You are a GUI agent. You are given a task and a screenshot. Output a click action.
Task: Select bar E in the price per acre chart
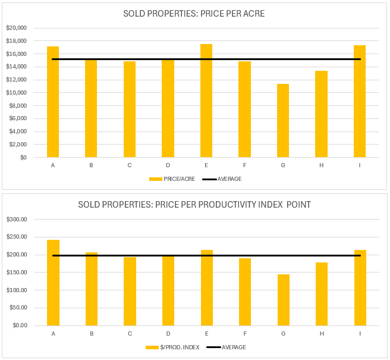pyautogui.click(x=206, y=101)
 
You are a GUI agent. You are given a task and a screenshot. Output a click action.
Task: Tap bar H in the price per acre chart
pyautogui.click(x=321, y=114)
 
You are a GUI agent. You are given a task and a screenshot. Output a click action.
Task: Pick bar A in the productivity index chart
pyautogui.click(x=53, y=283)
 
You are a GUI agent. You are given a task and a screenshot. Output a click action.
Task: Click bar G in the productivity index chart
pyautogui.click(x=283, y=300)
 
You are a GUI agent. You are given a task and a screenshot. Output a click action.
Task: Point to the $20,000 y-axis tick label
pyautogui.click(x=16, y=28)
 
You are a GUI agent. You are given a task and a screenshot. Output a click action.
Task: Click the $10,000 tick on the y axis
pyautogui.click(x=16, y=93)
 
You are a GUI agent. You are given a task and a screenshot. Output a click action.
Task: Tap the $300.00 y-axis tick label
pyautogui.click(x=17, y=220)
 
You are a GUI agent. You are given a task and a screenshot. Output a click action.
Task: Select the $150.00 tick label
pyautogui.click(x=17, y=273)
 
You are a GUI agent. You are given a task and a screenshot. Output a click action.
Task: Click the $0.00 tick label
pyautogui.click(x=18, y=325)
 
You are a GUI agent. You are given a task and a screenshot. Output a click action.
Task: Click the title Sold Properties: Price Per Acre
pyautogui.click(x=194, y=13)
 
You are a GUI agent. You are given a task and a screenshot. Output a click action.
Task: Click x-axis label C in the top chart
pyautogui.click(x=130, y=165)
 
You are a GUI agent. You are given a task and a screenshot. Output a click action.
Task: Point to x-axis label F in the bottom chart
pyautogui.click(x=245, y=333)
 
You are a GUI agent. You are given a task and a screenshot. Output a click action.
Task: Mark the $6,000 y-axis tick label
pyautogui.click(x=17, y=118)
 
